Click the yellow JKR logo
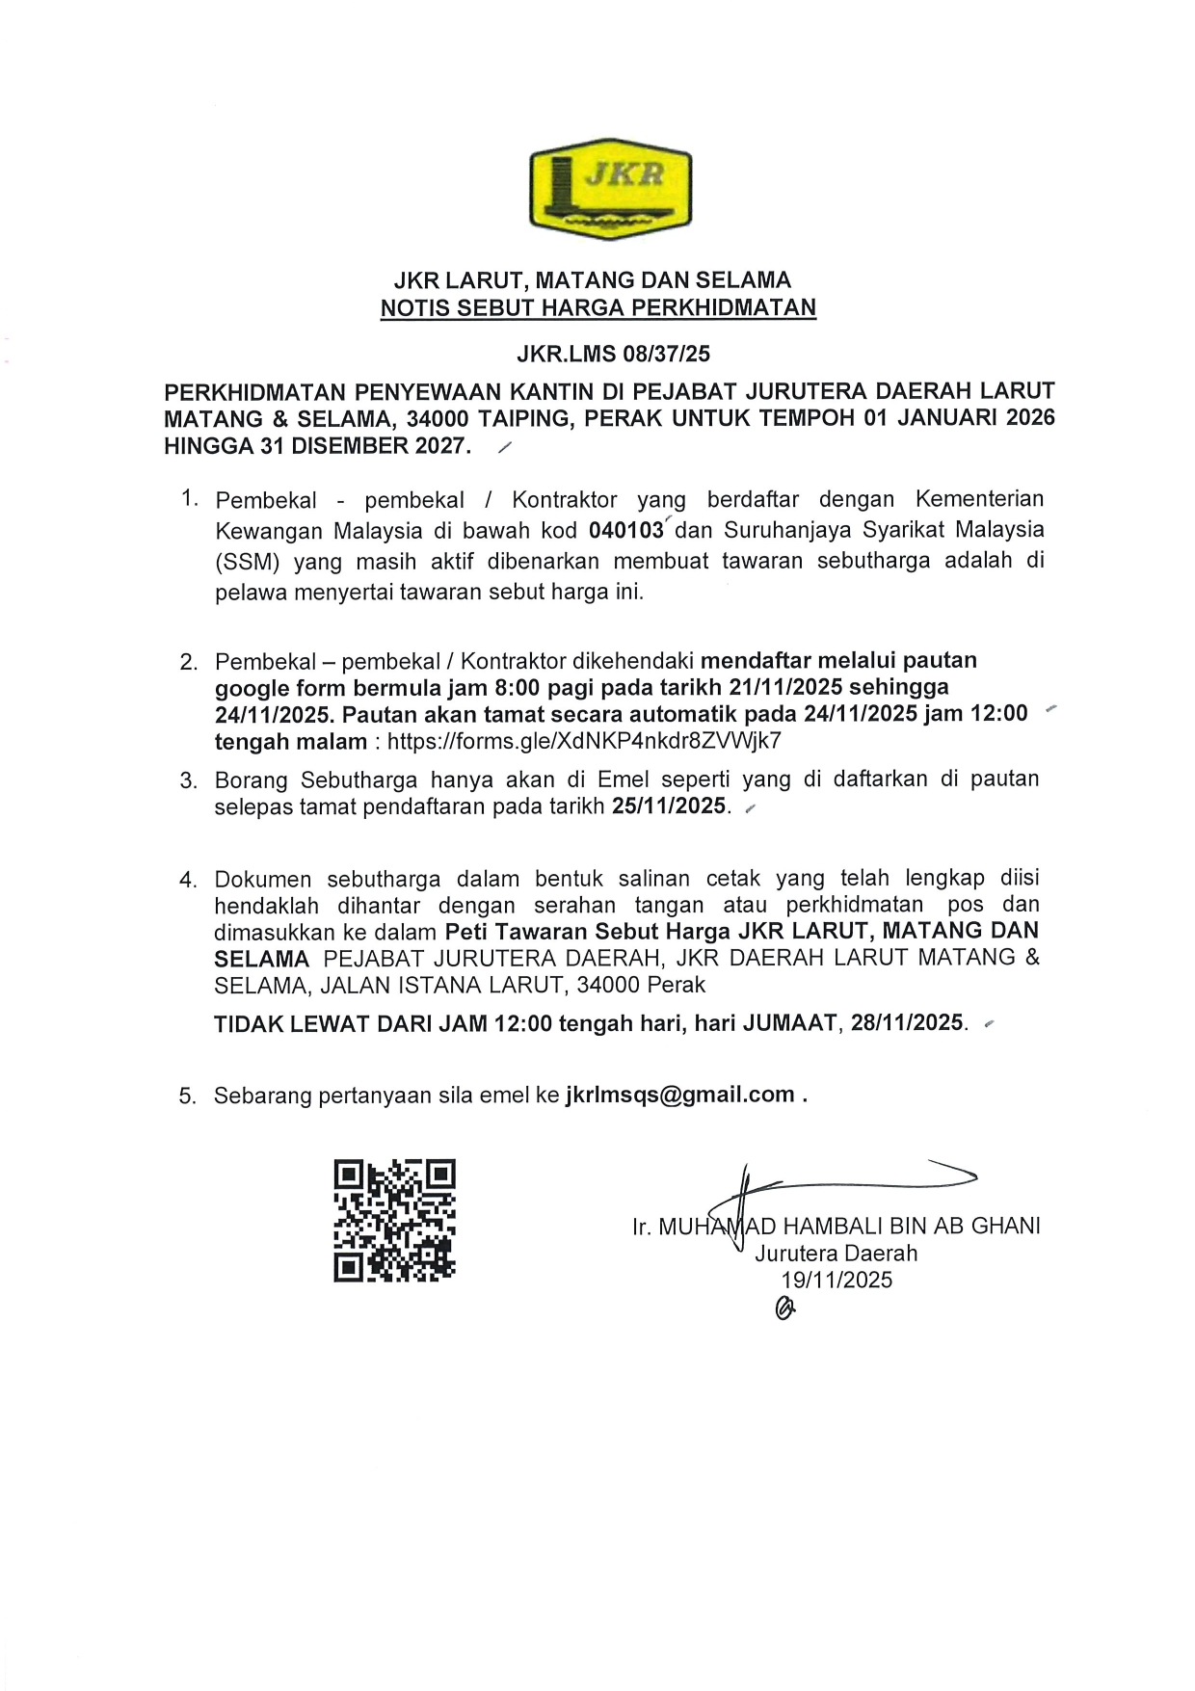point(610,190)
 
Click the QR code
point(394,1221)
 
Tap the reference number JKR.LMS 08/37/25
point(613,354)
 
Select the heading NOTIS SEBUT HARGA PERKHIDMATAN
point(597,308)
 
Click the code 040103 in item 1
point(626,531)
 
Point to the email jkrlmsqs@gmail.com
point(679,1095)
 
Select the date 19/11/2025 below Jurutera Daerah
point(836,1280)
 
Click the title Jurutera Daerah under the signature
point(836,1254)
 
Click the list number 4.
point(188,880)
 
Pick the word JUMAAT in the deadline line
point(789,1022)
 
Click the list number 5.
point(187,1096)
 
